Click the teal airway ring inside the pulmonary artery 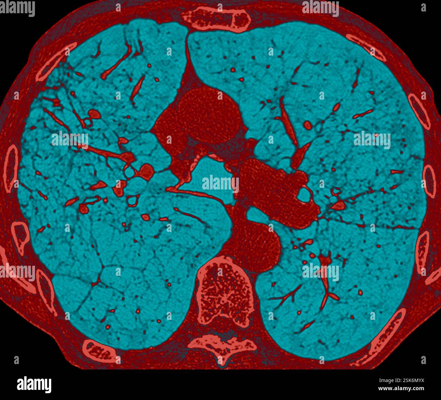click(304, 194)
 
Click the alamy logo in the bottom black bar click(34, 385)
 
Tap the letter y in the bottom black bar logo click(48, 386)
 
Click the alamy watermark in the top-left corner click(17, 8)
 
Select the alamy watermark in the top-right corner click(320, 8)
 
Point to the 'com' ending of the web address click(418, 388)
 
